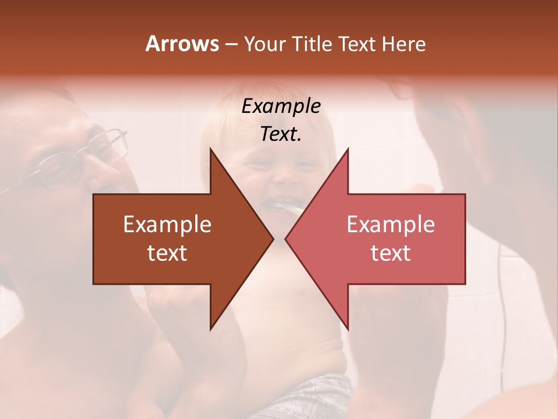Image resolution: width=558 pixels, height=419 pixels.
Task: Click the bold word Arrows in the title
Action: (x=182, y=44)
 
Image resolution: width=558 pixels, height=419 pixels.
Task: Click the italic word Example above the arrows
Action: (x=281, y=106)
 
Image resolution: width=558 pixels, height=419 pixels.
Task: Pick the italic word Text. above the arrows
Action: (x=281, y=134)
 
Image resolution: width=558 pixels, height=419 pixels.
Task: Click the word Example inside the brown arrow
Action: (x=167, y=225)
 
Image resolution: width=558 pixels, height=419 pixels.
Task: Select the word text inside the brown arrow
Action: (x=167, y=253)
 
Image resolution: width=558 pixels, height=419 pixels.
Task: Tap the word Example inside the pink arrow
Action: (x=391, y=225)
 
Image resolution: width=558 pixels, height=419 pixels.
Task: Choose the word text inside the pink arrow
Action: (x=391, y=253)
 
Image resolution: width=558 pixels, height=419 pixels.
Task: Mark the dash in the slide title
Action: (x=231, y=44)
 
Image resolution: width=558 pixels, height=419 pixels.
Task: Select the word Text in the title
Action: (x=358, y=44)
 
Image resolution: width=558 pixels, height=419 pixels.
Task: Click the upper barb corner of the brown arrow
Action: (x=210, y=150)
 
